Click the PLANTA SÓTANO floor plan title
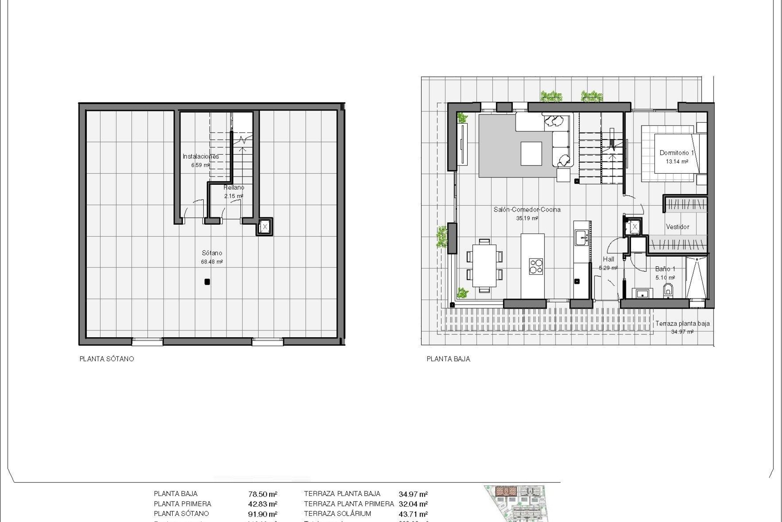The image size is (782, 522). point(107,359)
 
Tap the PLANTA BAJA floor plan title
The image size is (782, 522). point(448,359)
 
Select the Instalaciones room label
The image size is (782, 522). point(200,156)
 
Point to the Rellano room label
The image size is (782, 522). point(234,188)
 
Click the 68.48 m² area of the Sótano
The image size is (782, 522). point(212,262)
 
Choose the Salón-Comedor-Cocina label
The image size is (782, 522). point(527,210)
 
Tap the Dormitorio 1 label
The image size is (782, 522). point(677,153)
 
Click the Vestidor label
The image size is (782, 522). point(677,227)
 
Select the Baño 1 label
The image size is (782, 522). point(665,269)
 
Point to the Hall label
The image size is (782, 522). point(608,259)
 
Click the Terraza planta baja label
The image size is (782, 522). point(682,323)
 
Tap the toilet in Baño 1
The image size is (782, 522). point(668,291)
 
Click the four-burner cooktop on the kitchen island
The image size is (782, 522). point(536,266)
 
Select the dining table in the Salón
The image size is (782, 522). point(484,266)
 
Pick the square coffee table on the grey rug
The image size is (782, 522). point(531,153)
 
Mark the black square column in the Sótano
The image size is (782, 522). point(207,281)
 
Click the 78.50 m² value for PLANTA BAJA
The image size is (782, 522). point(263,494)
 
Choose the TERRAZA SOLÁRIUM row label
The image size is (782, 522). point(337,514)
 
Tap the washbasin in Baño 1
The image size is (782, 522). point(643,293)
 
